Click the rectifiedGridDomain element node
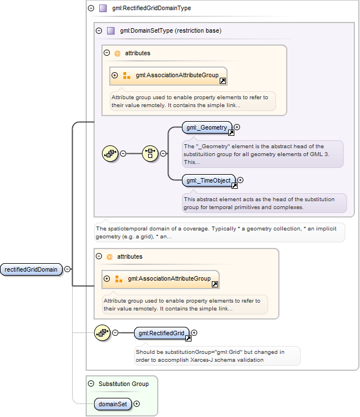click(31, 269)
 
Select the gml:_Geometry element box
click(207, 128)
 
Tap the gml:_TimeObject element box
click(208, 180)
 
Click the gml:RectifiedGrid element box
click(161, 333)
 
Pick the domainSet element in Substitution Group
click(113, 404)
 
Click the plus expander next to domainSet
click(137, 403)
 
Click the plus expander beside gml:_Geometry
click(237, 127)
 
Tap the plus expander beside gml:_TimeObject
click(241, 180)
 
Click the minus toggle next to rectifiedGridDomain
click(68, 269)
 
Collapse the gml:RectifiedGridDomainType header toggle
click(91, 8)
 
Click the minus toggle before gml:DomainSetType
click(99, 31)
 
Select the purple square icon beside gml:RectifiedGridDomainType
click(103, 8)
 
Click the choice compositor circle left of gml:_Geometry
click(150, 153)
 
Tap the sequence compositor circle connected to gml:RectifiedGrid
click(103, 332)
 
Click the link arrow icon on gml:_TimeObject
click(234, 185)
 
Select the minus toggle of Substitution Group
click(91, 384)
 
